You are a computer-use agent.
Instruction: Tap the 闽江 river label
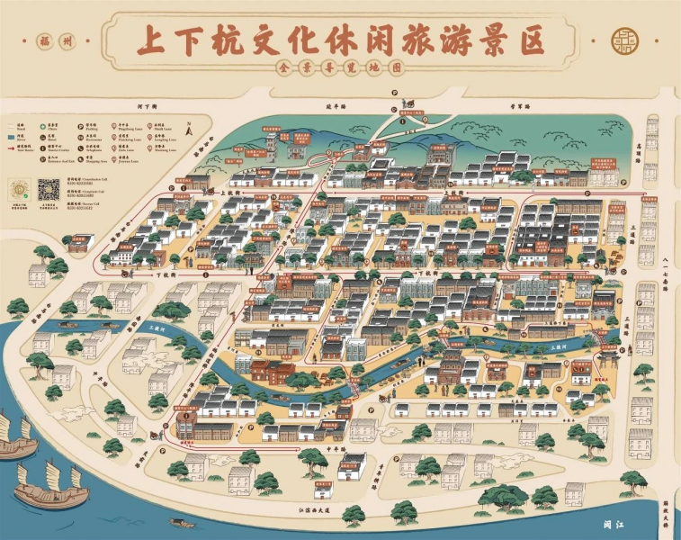point(614,520)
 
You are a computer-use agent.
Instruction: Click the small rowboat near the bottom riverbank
point(182,521)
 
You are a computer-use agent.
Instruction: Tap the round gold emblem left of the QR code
point(20,190)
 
